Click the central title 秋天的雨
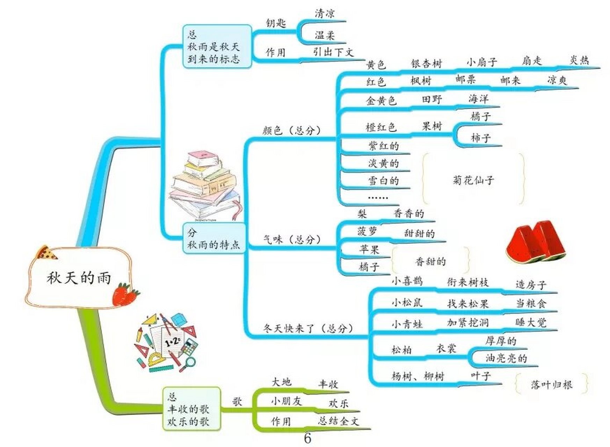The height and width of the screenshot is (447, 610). point(79,278)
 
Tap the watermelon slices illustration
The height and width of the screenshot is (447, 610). point(535,241)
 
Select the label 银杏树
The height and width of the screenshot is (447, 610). point(426,64)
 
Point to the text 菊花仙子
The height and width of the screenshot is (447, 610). point(473,180)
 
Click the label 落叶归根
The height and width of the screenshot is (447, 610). point(551,384)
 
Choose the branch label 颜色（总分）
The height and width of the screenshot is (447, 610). point(291,130)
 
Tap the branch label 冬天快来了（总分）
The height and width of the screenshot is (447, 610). point(308,328)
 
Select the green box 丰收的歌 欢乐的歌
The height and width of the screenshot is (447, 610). point(192,409)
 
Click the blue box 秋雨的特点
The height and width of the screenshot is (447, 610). point(214,239)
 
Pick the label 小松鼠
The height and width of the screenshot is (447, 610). point(407,302)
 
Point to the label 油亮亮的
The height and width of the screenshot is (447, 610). point(506,358)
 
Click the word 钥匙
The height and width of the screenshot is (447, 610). point(276,23)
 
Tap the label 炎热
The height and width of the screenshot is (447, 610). point(579,60)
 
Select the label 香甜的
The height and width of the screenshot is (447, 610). point(430,261)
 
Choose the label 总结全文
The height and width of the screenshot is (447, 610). point(338,421)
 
